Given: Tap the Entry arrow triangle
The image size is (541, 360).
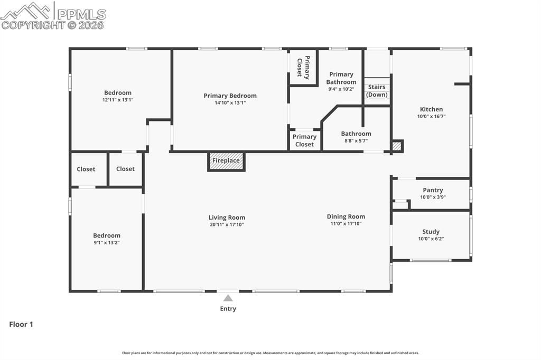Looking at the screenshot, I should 228,298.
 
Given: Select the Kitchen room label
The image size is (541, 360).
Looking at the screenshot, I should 431,109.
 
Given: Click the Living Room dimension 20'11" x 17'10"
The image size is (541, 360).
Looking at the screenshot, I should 227,225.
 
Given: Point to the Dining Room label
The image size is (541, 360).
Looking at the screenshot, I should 346,216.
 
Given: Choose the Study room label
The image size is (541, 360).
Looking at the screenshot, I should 431,232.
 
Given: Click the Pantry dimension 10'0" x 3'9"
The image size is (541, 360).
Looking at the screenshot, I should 433,197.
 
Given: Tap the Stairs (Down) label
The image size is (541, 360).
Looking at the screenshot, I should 377,91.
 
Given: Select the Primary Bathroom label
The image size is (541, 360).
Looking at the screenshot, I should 341,78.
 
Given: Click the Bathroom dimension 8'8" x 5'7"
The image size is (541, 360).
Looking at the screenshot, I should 356,141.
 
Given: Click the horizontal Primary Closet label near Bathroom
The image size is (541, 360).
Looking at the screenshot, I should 304,140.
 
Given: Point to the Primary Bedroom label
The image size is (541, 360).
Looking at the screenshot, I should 230,96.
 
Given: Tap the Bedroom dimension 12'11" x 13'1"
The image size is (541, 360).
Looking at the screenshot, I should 118,100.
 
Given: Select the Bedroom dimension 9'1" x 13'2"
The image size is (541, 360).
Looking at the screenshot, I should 107,243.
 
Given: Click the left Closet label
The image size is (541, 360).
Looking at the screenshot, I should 86,169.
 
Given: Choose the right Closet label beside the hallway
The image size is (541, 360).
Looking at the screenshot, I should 125,169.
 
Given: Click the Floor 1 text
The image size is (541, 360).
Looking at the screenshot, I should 21,325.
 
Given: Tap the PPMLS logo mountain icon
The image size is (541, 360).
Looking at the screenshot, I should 26,10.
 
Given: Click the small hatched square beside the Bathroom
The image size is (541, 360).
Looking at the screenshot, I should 397,146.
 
